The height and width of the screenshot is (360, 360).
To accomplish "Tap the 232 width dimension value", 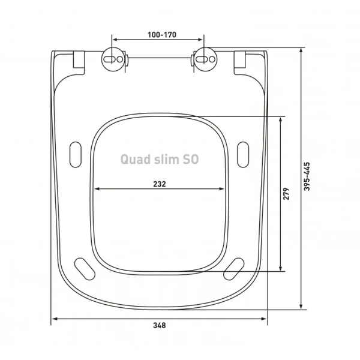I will coord(159,183).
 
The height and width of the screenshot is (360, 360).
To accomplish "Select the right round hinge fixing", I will coord(203,59).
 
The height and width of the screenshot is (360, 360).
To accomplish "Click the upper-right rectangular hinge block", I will coord(241,61).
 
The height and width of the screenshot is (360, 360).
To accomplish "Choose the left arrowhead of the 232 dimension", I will coord(97,190).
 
